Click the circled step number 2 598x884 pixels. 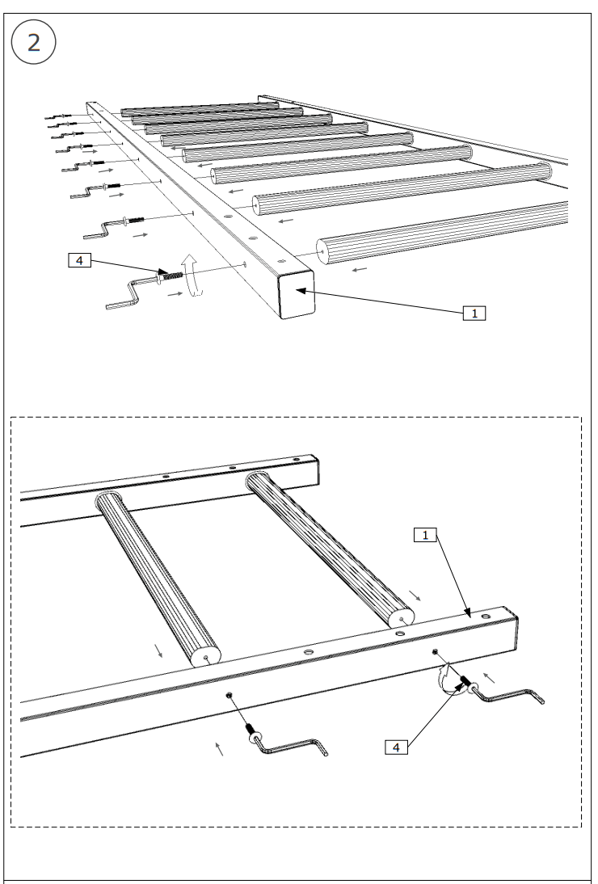tap(33, 43)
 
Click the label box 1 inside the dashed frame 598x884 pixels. tap(425, 534)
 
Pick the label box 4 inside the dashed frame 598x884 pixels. tap(395, 747)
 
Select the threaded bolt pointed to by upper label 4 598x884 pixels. tap(171, 277)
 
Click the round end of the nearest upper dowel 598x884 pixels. tap(322, 251)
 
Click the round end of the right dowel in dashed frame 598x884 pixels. tap(401, 617)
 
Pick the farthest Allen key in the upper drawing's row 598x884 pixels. tap(56, 118)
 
